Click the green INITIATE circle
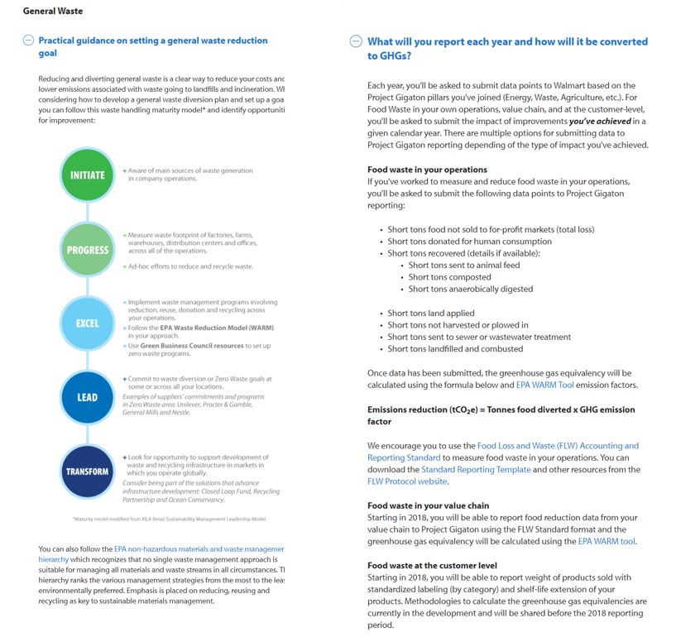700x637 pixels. click(x=87, y=175)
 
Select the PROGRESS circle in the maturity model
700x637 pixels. click(x=87, y=250)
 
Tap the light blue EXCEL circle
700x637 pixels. click(x=87, y=323)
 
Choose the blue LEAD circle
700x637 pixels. click(x=87, y=397)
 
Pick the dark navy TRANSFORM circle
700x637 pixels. click(x=87, y=472)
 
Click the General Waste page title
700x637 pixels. click(x=53, y=12)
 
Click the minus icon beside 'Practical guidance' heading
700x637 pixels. click(x=29, y=41)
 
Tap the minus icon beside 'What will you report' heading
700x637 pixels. click(x=357, y=41)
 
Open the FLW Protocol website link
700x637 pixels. click(x=407, y=481)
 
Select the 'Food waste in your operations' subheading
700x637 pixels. click(x=427, y=170)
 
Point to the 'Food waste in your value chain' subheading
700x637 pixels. click(x=428, y=505)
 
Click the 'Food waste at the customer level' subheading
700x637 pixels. click(x=433, y=566)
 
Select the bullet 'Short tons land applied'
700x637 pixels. click(x=431, y=314)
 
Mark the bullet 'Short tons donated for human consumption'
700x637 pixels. click(x=469, y=242)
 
